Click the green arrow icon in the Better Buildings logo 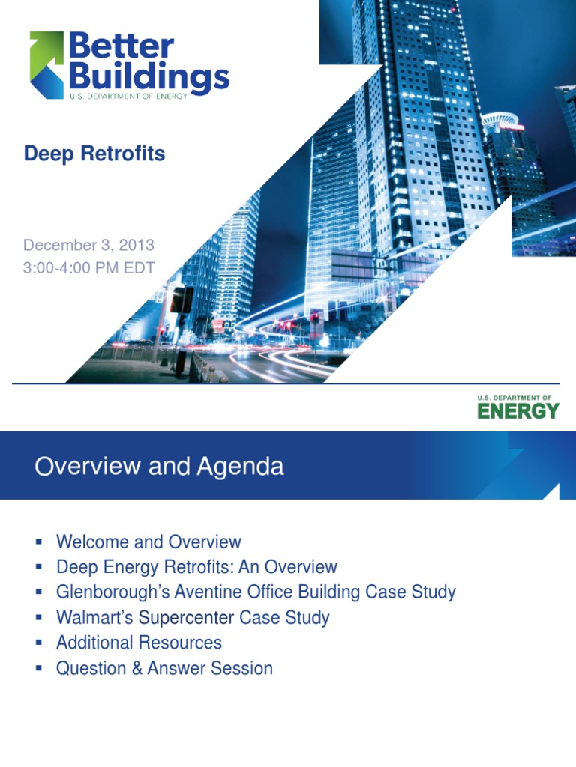point(46,64)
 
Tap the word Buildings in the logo point(148,79)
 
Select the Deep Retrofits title point(94,154)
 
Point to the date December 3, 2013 point(88,245)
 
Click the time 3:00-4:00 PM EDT point(88,268)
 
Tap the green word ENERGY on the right point(518,410)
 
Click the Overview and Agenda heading point(159,467)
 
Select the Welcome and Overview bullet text point(148,542)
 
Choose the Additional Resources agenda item point(139,643)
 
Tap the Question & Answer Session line point(164,668)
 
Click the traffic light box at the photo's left point(181,300)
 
